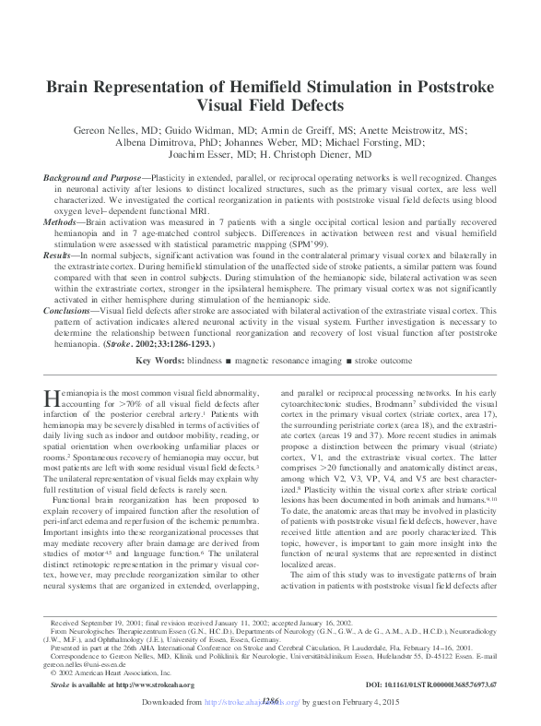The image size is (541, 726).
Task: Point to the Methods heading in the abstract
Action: coord(63,221)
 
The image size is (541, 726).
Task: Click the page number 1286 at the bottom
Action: coord(270,701)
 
